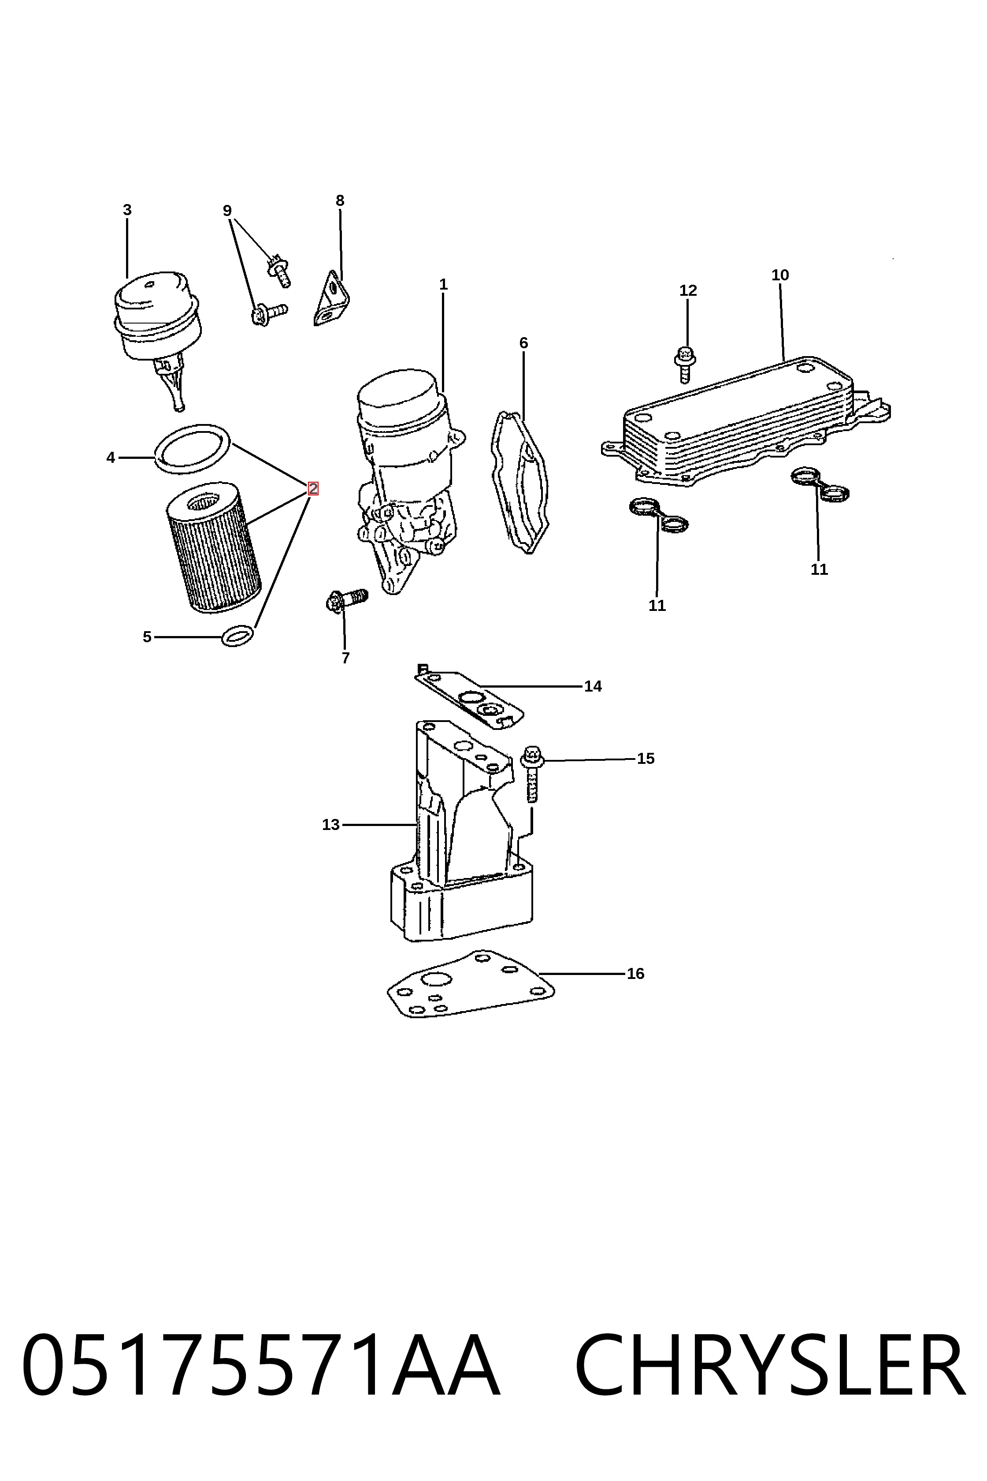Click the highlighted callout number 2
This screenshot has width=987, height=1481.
313,488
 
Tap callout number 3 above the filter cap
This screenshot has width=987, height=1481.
127,210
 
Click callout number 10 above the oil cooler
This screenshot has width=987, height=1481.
780,275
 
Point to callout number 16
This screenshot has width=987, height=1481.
636,974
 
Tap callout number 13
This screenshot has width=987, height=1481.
330,824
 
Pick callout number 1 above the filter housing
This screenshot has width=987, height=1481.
443,285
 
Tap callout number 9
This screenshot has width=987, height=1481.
227,211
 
